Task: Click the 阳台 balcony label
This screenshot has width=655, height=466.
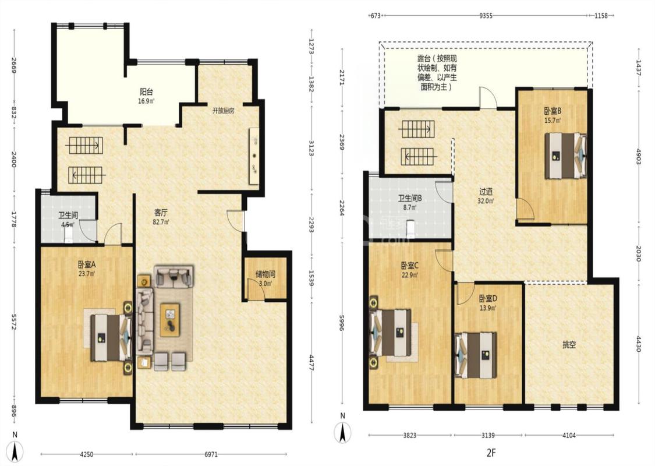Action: tap(146, 91)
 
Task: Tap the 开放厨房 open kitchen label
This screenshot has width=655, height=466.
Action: tap(223, 111)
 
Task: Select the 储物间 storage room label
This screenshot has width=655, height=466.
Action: tap(265, 274)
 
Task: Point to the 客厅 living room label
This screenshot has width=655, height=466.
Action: tap(161, 213)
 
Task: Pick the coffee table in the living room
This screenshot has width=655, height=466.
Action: tap(170, 320)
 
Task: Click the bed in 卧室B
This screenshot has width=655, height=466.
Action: tap(565, 156)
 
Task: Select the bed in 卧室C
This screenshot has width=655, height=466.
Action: tap(390, 333)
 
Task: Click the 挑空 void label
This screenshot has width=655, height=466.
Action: tap(569, 345)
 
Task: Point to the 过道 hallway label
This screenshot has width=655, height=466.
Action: tap(486, 192)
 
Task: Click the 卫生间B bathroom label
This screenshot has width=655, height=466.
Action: tap(410, 198)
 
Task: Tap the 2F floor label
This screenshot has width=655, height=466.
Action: tap(491, 452)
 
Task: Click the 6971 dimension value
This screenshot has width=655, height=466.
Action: tap(211, 454)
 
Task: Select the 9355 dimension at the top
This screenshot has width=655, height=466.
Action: tap(486, 16)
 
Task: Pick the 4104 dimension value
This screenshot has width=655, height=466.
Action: tap(569, 435)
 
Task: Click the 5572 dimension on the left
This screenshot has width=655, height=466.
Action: tap(14, 322)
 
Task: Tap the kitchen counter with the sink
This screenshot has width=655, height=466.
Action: tap(254, 156)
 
